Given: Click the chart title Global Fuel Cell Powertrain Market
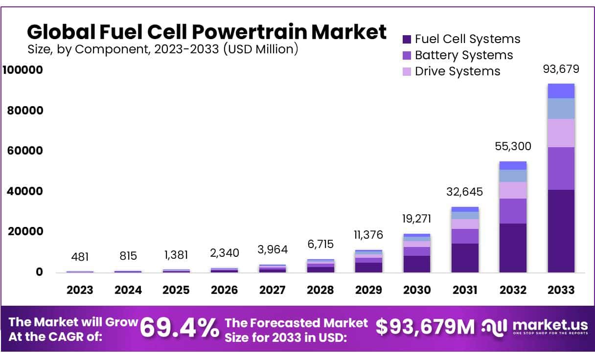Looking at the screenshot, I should pos(206,32).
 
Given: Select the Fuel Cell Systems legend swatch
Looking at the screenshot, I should pos(407,39).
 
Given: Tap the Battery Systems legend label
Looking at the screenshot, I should pos(463,55).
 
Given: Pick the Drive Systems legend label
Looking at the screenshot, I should pos(457,71).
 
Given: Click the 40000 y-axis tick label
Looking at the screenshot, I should pos(25,191).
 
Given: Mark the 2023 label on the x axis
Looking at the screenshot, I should pos(80,290).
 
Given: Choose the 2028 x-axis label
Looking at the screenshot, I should pos(320,290).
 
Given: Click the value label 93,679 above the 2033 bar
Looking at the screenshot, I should pos(561,69).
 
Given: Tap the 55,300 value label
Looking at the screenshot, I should pos(512,146).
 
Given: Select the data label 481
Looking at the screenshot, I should pos(80,256).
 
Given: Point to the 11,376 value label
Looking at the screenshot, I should pos(368,235).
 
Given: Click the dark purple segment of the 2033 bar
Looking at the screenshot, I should pos(561,231).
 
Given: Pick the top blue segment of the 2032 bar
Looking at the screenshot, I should pos(513,165).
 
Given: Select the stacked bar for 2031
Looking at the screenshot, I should pos(465,240).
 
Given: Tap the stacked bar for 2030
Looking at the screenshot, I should pos(417,253).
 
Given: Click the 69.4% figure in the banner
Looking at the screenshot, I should pos(180,328).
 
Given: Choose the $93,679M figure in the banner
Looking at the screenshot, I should pos(425,328).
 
